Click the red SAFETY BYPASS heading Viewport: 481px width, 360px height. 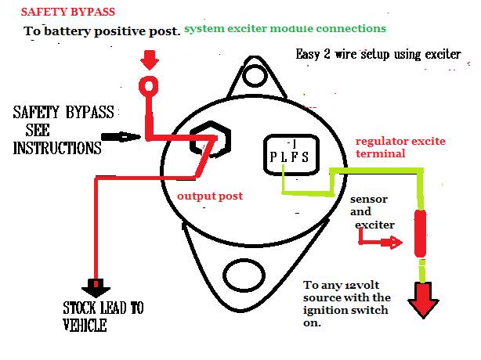click(68, 12)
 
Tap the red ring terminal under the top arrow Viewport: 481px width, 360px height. click(149, 86)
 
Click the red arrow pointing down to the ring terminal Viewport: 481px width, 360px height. click(150, 60)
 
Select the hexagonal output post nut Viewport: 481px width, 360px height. click(210, 140)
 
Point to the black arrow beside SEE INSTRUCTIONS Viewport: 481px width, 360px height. click(121, 137)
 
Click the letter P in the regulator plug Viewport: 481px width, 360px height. click(273, 157)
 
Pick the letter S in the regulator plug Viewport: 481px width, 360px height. click(305, 157)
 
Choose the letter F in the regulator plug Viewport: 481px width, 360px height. click(295, 157)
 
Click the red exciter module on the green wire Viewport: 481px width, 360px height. click(420, 233)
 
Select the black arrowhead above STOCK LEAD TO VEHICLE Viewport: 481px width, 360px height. click(96, 288)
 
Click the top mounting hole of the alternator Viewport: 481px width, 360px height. click(254, 75)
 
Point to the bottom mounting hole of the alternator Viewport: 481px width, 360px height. click(244, 275)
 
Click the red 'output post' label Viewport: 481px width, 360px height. click(210, 196)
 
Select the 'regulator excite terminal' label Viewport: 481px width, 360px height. click(400, 147)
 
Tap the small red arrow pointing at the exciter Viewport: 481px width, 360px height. click(381, 239)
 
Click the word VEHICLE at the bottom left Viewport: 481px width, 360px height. click(85, 325)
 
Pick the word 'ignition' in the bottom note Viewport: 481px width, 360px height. click(323, 311)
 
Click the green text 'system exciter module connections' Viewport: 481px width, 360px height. click(285, 28)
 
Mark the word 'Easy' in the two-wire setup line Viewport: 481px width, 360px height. click(307, 54)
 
